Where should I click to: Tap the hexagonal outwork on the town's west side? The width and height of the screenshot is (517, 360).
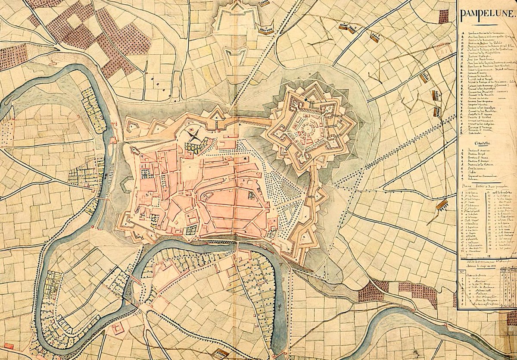(126, 186)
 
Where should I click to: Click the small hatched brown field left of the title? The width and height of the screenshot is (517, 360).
(443, 16)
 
